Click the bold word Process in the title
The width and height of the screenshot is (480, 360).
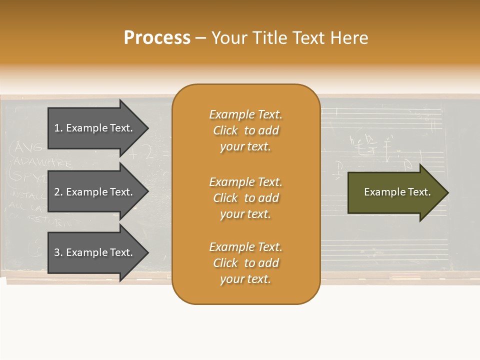pyautogui.click(x=157, y=38)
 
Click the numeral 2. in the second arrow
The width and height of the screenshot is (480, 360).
pyautogui.click(x=58, y=192)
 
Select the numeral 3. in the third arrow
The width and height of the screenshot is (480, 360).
pyautogui.click(x=58, y=252)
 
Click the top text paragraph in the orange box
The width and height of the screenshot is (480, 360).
pyautogui.click(x=245, y=130)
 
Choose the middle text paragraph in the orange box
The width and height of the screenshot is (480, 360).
pyautogui.click(x=245, y=198)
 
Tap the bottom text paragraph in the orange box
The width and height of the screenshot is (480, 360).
pyautogui.click(x=245, y=263)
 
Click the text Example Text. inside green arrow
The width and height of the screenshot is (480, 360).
pyautogui.click(x=397, y=192)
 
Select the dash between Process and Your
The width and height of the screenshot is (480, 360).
pyautogui.click(x=200, y=38)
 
